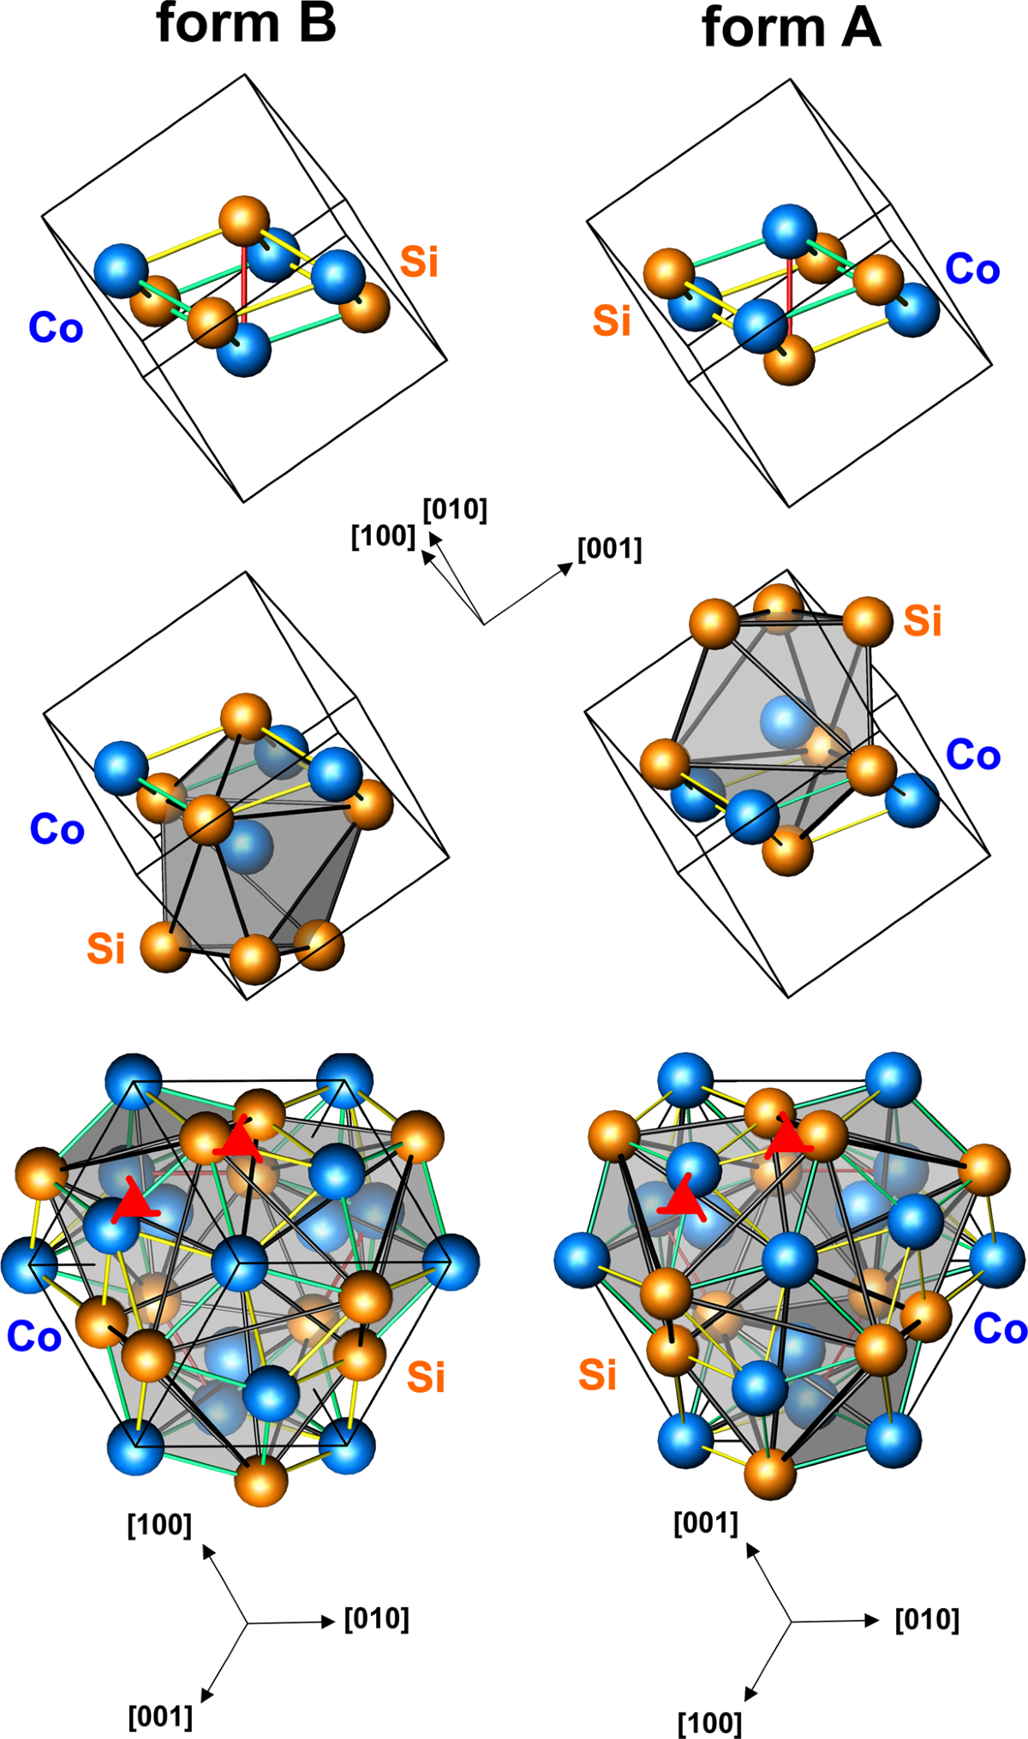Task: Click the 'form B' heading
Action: [x=246, y=23]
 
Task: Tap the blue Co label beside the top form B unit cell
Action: [x=56, y=328]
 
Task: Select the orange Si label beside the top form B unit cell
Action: [x=419, y=261]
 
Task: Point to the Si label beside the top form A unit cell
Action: [x=612, y=320]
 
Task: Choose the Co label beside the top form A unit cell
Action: [x=972, y=269]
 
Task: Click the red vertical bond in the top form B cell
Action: [x=243, y=283]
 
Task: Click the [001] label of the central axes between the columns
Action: [x=609, y=548]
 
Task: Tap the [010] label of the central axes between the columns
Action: [x=455, y=510]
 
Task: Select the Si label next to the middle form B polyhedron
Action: [x=106, y=948]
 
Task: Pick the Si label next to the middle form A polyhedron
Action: [x=923, y=620]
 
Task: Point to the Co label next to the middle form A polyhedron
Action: [x=973, y=755]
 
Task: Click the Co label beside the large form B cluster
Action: [x=33, y=1337]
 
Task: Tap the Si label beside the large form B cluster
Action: [x=426, y=1377]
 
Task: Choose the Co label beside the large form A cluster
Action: [x=1000, y=1330]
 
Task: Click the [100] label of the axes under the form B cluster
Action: [x=159, y=1526]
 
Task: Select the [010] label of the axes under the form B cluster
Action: [x=377, y=1619]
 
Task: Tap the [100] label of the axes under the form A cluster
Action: [x=709, y=1723]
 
